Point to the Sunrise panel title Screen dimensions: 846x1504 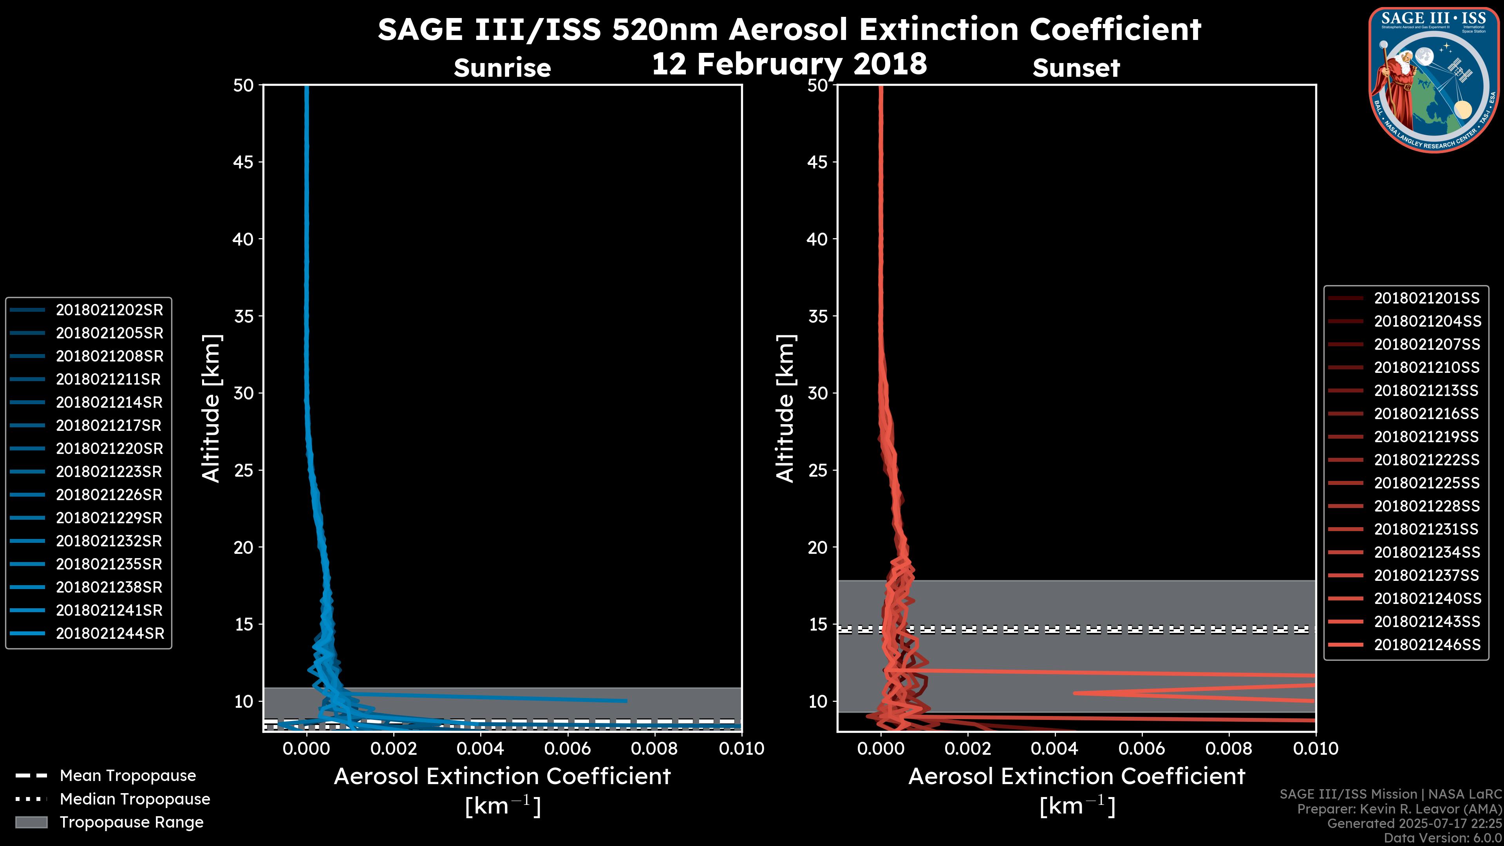(x=502, y=68)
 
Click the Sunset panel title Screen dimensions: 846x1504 (x=1076, y=68)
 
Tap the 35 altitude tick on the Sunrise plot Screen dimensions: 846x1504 (x=244, y=316)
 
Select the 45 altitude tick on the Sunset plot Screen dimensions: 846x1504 (x=817, y=162)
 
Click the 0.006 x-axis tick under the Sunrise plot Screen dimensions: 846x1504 (x=567, y=748)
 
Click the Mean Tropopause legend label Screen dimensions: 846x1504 (x=128, y=776)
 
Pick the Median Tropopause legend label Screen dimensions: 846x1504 (x=135, y=799)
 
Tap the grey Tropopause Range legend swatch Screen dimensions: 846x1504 (x=31, y=822)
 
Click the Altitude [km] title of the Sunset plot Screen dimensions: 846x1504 (x=786, y=409)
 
